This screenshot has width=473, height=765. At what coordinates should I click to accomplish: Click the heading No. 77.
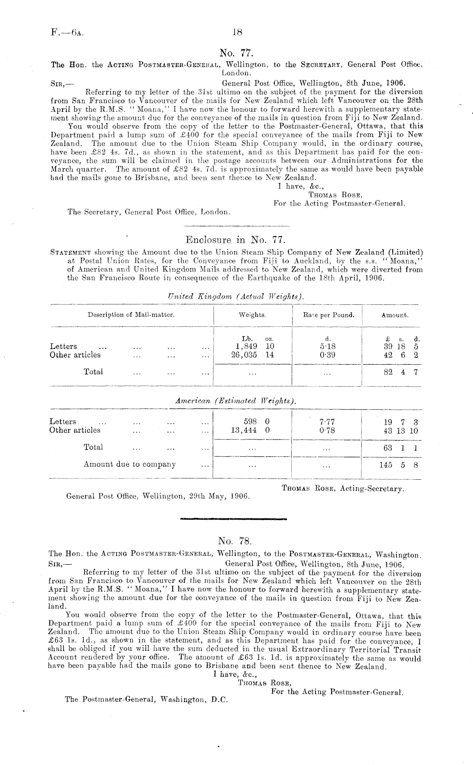(236, 53)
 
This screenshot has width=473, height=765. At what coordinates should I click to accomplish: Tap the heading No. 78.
(235, 541)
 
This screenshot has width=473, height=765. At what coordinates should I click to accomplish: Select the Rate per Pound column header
(328, 315)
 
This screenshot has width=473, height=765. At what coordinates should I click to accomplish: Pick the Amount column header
(394, 315)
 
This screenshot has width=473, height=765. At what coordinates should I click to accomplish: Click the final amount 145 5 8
(398, 465)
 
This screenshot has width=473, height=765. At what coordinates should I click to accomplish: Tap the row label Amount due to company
(130, 464)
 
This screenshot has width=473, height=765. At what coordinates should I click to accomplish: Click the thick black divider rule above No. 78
(234, 518)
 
